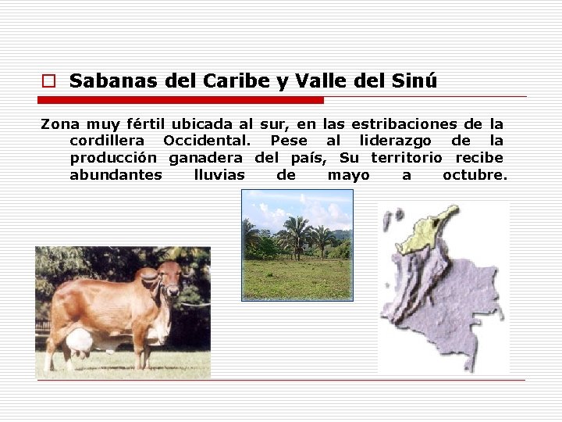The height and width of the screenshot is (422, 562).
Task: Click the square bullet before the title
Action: (48, 81)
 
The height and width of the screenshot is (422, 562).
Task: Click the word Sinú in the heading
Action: (414, 80)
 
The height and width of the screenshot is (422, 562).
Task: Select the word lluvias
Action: (219, 175)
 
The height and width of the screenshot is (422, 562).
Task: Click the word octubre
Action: (475, 175)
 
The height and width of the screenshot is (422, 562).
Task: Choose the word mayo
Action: (348, 175)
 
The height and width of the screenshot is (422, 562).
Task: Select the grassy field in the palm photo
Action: (297, 279)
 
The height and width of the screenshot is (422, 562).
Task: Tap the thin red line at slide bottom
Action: (281, 381)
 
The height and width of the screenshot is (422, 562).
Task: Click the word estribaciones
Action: (404, 123)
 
